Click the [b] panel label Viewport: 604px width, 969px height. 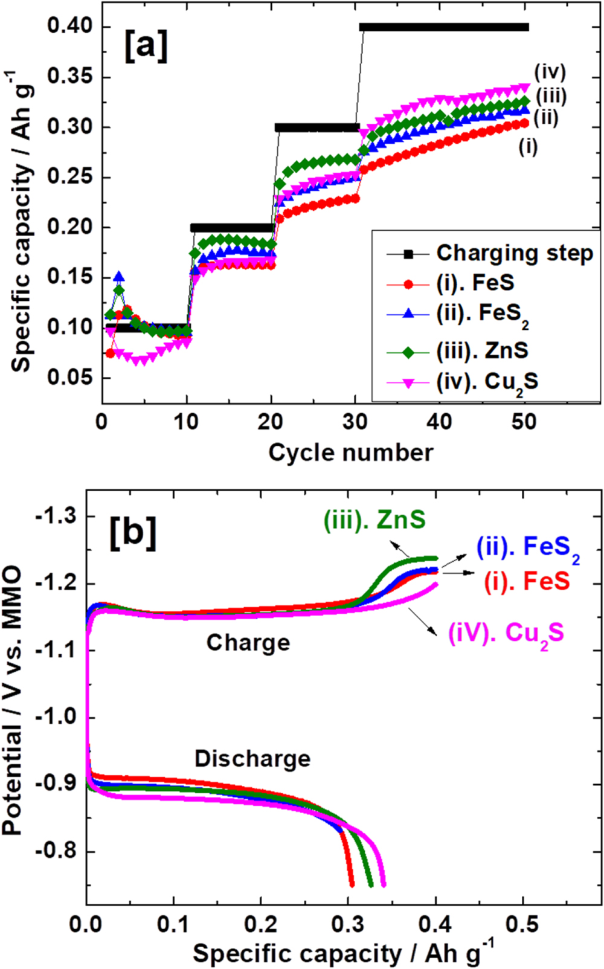pyautogui.click(x=132, y=533)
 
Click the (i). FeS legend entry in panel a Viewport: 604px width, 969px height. pyautogui.click(x=475, y=283)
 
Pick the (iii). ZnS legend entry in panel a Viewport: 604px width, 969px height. pyautogui.click(x=482, y=350)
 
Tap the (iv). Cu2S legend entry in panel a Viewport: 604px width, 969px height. pyautogui.click(x=487, y=382)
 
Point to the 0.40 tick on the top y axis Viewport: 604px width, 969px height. pyautogui.click(x=71, y=27)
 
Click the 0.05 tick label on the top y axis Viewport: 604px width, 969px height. pyautogui.click(x=71, y=377)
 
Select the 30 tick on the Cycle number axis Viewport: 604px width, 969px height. pyautogui.click(x=355, y=422)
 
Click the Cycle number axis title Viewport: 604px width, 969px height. pyautogui.click(x=350, y=452)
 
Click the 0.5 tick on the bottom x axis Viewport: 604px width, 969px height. pyautogui.click(x=522, y=924)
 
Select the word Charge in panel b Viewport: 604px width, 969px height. pyautogui.click(x=248, y=643)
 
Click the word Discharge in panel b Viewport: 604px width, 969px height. pyautogui.click(x=252, y=759)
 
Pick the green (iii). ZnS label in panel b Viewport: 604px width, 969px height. pyautogui.click(x=374, y=520)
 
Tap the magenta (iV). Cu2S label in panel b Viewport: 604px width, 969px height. pyautogui.click(x=506, y=634)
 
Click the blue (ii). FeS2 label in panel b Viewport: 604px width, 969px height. pyautogui.click(x=527, y=547)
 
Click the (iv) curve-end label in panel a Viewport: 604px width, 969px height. pyautogui.click(x=550, y=72)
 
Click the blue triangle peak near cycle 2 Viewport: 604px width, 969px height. pyautogui.click(x=119, y=277)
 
